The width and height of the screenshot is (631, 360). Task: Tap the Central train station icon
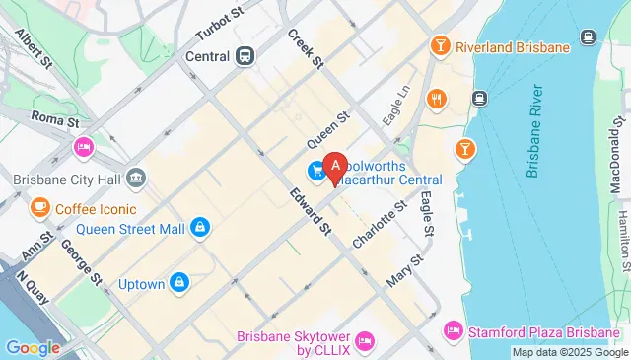point(245,56)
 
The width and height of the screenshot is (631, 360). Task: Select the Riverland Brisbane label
point(514,47)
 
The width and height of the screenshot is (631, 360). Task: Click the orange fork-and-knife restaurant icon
point(434,99)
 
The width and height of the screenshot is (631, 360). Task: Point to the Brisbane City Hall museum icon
point(136,180)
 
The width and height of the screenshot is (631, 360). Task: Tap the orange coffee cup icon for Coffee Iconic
point(39,208)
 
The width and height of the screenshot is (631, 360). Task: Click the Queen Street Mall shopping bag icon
point(200,228)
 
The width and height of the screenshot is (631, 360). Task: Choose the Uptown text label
point(141,284)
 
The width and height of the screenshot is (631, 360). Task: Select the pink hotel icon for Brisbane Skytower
point(364,341)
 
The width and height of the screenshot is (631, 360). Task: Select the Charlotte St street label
point(386,225)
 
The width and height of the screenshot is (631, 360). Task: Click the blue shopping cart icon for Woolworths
point(316,171)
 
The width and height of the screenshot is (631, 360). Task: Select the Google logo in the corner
point(34,347)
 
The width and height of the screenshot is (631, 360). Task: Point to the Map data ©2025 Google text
point(569,352)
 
